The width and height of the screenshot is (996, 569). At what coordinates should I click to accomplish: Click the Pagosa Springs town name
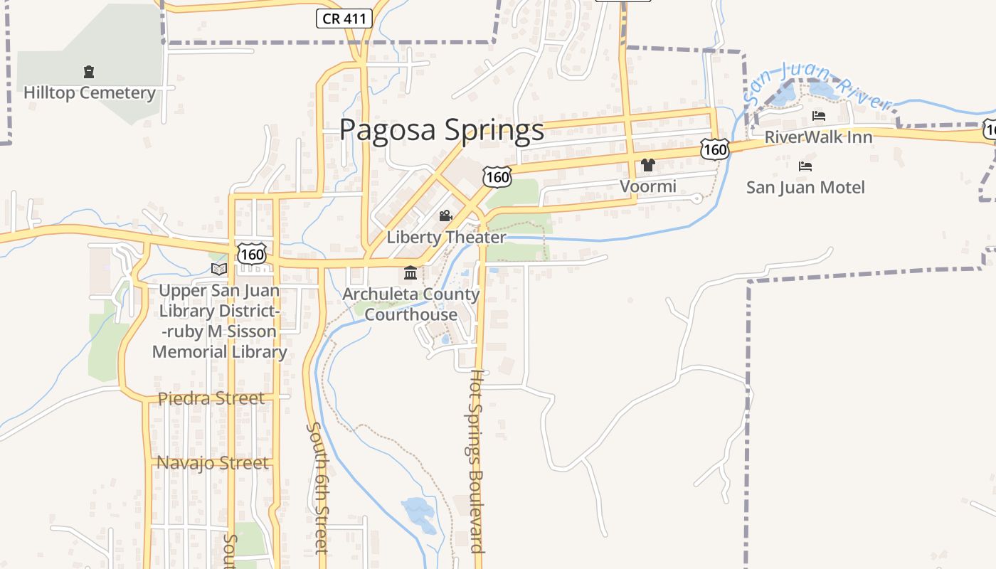tap(441, 130)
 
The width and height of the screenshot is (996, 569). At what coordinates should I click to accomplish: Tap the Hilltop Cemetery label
tap(89, 93)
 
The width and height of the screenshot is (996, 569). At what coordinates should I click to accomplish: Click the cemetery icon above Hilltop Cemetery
tap(89, 72)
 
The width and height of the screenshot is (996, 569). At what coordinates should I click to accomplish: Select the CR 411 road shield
tap(344, 18)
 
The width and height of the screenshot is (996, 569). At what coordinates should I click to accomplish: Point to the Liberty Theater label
tap(446, 238)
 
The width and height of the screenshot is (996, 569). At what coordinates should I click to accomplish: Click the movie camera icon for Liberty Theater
tap(446, 216)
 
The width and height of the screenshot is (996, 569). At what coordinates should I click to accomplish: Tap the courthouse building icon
tap(410, 273)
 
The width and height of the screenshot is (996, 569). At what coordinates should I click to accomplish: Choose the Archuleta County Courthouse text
tap(411, 304)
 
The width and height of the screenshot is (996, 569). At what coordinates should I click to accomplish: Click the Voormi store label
tap(647, 186)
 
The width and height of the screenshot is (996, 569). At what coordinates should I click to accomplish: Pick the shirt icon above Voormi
tap(647, 165)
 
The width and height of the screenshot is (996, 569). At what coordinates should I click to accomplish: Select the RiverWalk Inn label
tap(818, 137)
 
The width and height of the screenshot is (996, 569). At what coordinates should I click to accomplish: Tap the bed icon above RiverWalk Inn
tap(819, 116)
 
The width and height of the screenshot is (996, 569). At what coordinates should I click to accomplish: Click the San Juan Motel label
tap(805, 188)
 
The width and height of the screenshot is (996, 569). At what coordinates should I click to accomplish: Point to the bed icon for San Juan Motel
tap(805, 166)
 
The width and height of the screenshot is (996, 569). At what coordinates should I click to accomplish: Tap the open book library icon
tap(219, 269)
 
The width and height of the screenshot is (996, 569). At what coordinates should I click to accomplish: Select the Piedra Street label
tap(211, 398)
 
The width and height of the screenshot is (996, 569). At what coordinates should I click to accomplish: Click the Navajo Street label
tap(213, 463)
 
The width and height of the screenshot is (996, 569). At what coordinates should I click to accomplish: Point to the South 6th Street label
tap(317, 487)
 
